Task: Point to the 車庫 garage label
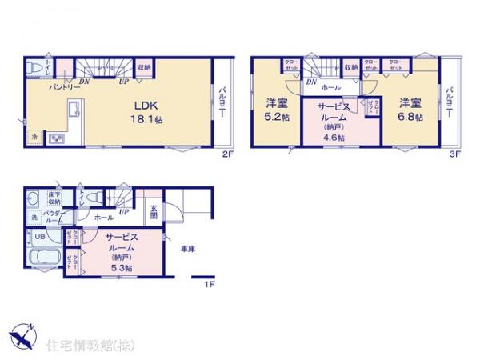[189, 250]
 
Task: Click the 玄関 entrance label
[153, 214]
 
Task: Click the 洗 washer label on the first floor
[34, 218]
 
